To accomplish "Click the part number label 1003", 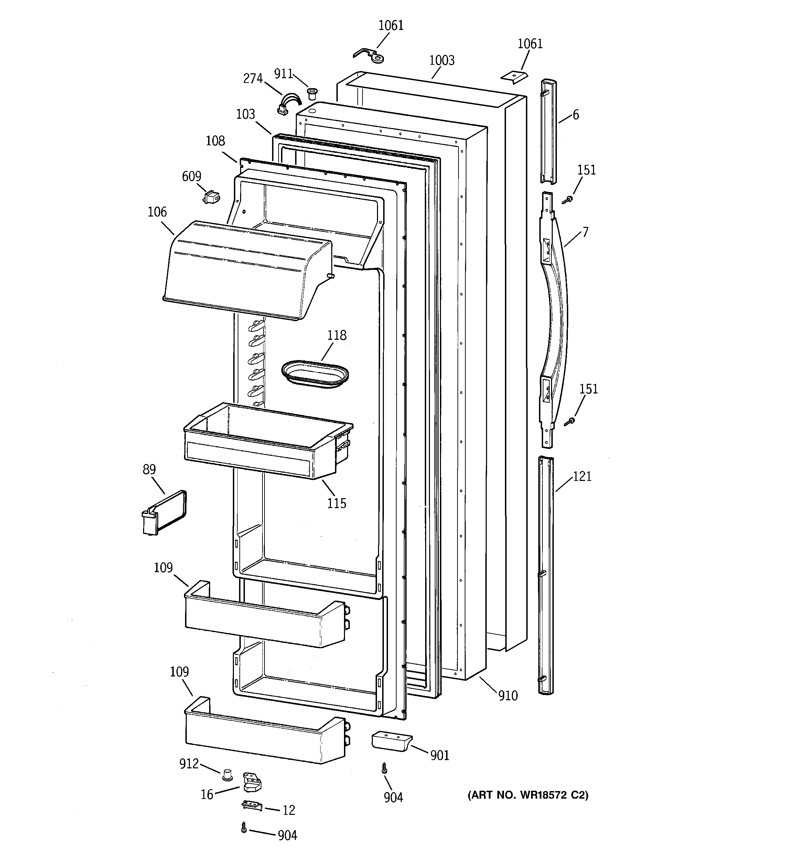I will click(442, 61).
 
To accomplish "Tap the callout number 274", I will click(253, 78).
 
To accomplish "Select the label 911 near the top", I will click(283, 74).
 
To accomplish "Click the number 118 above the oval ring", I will click(337, 335).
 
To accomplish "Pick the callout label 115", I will click(337, 503).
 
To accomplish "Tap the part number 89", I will click(149, 470).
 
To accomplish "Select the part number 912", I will click(189, 764).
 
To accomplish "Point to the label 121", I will click(582, 476).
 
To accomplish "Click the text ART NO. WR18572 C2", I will click(528, 796).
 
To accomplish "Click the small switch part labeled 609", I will click(211, 197).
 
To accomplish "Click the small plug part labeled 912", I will click(227, 775).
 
